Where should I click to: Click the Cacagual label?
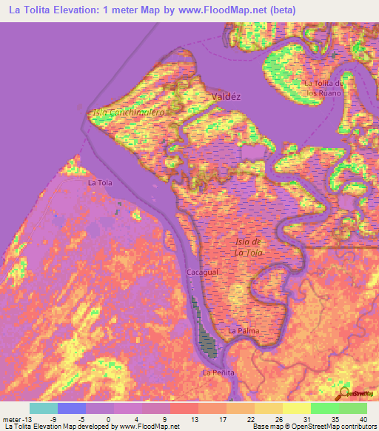(x=201, y=273)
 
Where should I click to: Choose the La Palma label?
(x=244, y=330)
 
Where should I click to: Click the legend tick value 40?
(x=362, y=418)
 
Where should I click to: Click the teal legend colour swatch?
(x=44, y=408)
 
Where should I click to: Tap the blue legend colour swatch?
(x=72, y=408)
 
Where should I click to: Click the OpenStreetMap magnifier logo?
(x=346, y=392)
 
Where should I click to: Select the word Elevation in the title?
(x=76, y=10)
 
